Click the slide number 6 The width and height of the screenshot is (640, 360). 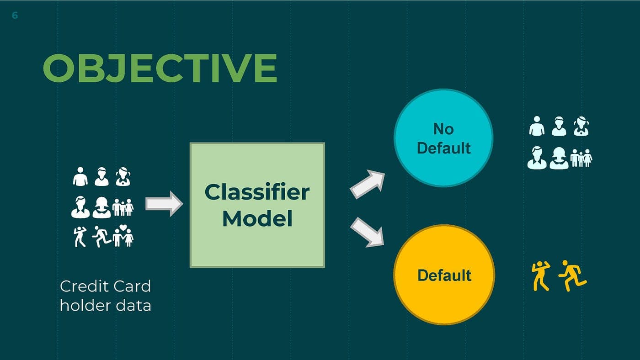(x=15, y=16)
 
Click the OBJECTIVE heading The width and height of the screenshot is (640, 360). (x=160, y=69)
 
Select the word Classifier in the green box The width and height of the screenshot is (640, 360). (x=257, y=192)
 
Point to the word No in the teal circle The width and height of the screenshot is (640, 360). (x=443, y=129)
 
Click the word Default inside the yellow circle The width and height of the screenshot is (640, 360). (x=444, y=275)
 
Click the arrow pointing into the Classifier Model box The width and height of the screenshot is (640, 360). (x=164, y=204)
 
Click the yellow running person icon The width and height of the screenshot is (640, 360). (x=572, y=275)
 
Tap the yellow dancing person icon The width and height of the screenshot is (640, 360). (x=541, y=276)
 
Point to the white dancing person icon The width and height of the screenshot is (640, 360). (x=80, y=237)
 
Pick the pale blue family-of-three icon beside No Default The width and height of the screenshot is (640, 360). (x=581, y=158)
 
